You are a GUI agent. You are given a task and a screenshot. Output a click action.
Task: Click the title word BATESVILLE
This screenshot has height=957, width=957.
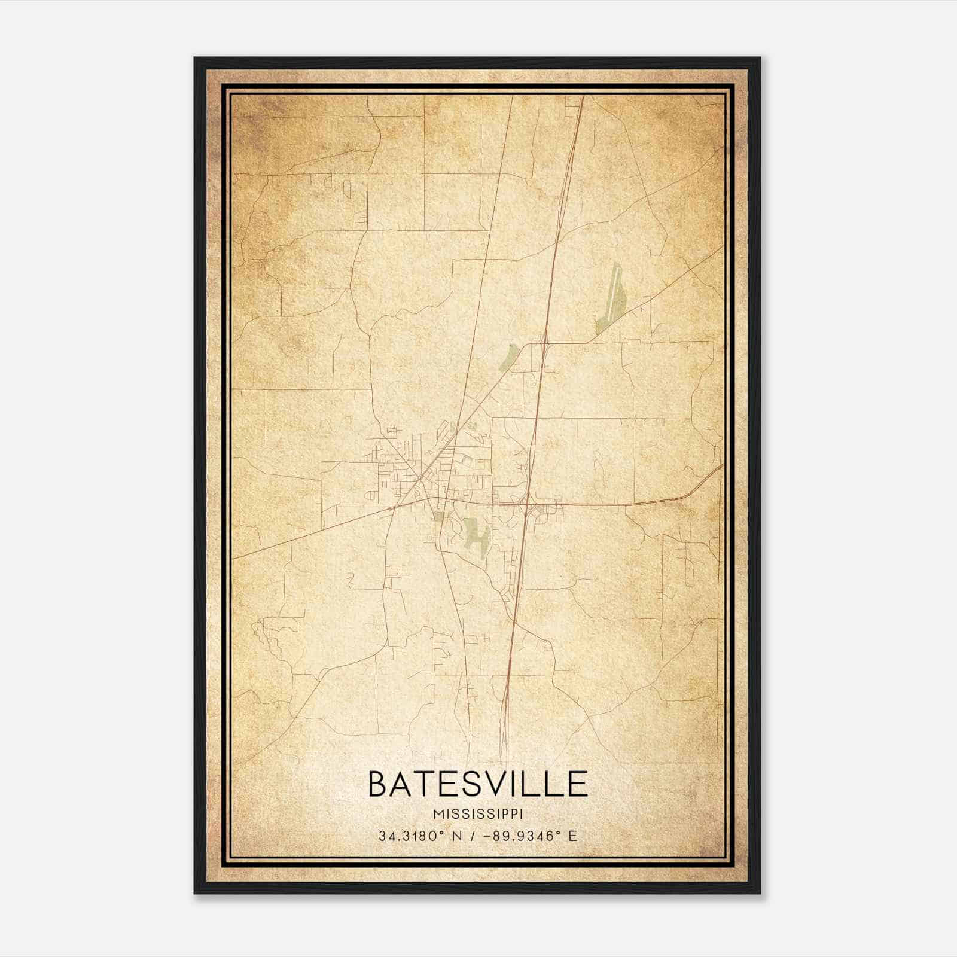pyautogui.click(x=477, y=784)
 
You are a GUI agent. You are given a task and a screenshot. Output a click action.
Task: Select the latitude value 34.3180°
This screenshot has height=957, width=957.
pyautogui.click(x=412, y=836)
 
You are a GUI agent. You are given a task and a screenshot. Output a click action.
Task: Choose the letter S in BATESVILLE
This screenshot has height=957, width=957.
pyautogui.click(x=466, y=784)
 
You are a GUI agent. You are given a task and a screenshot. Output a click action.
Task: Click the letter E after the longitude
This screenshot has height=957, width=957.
pyautogui.click(x=573, y=836)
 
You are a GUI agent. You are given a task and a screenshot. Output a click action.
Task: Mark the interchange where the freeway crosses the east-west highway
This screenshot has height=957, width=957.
pyautogui.click(x=529, y=503)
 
